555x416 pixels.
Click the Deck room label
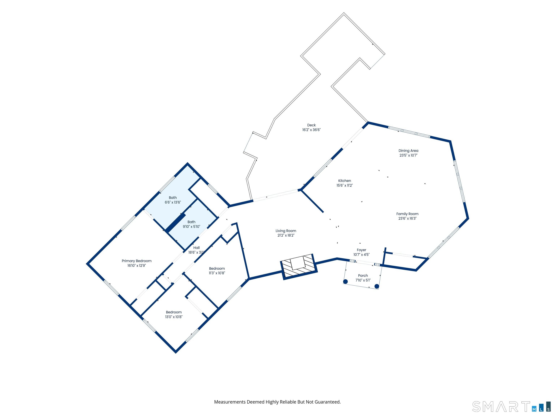pyautogui.click(x=311, y=125)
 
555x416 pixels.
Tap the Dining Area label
pyautogui.click(x=408, y=151)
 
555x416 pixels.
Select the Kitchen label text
pyautogui.click(x=345, y=181)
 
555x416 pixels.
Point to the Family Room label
pyautogui.click(x=407, y=214)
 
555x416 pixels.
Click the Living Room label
pyautogui.click(x=286, y=231)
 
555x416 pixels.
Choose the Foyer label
pyautogui.click(x=361, y=250)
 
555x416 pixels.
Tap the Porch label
pyautogui.click(x=363, y=276)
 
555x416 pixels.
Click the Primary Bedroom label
pyautogui.click(x=137, y=261)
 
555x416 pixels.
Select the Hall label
pyautogui.click(x=196, y=248)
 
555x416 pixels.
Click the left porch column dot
pyautogui.click(x=345, y=282)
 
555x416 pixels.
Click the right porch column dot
pyautogui.click(x=377, y=286)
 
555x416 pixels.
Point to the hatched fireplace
pyautogui.click(x=299, y=266)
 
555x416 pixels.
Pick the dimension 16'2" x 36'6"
pyautogui.click(x=311, y=130)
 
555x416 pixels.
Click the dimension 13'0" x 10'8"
pyautogui.click(x=174, y=317)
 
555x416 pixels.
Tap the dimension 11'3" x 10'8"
pyautogui.click(x=217, y=273)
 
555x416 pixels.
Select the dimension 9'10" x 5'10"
pyautogui.click(x=192, y=227)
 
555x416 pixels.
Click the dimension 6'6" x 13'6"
pyautogui.click(x=173, y=202)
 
